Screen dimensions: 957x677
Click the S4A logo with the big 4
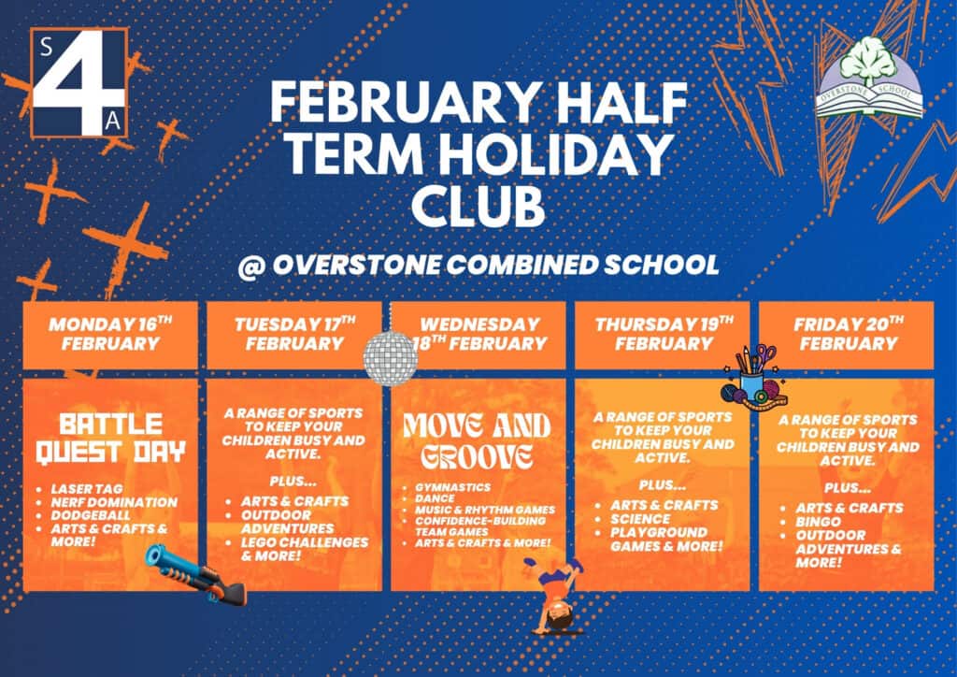click(x=79, y=82)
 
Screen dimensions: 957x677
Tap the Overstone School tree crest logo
click(x=869, y=79)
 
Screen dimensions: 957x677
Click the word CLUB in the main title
click(x=478, y=207)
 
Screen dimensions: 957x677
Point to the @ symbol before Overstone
click(x=250, y=266)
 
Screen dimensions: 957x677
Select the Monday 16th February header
click(x=110, y=334)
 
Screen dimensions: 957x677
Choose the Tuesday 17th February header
click(x=294, y=334)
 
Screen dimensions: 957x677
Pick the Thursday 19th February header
click(x=664, y=334)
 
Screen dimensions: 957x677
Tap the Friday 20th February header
click(x=849, y=334)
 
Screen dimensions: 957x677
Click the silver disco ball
click(x=391, y=358)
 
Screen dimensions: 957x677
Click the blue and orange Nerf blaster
click(x=195, y=574)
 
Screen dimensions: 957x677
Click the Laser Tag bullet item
click(x=87, y=489)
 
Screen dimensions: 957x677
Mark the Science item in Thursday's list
click(x=640, y=519)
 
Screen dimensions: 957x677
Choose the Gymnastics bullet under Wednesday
click(x=453, y=487)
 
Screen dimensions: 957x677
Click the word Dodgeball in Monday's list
click(x=91, y=516)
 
